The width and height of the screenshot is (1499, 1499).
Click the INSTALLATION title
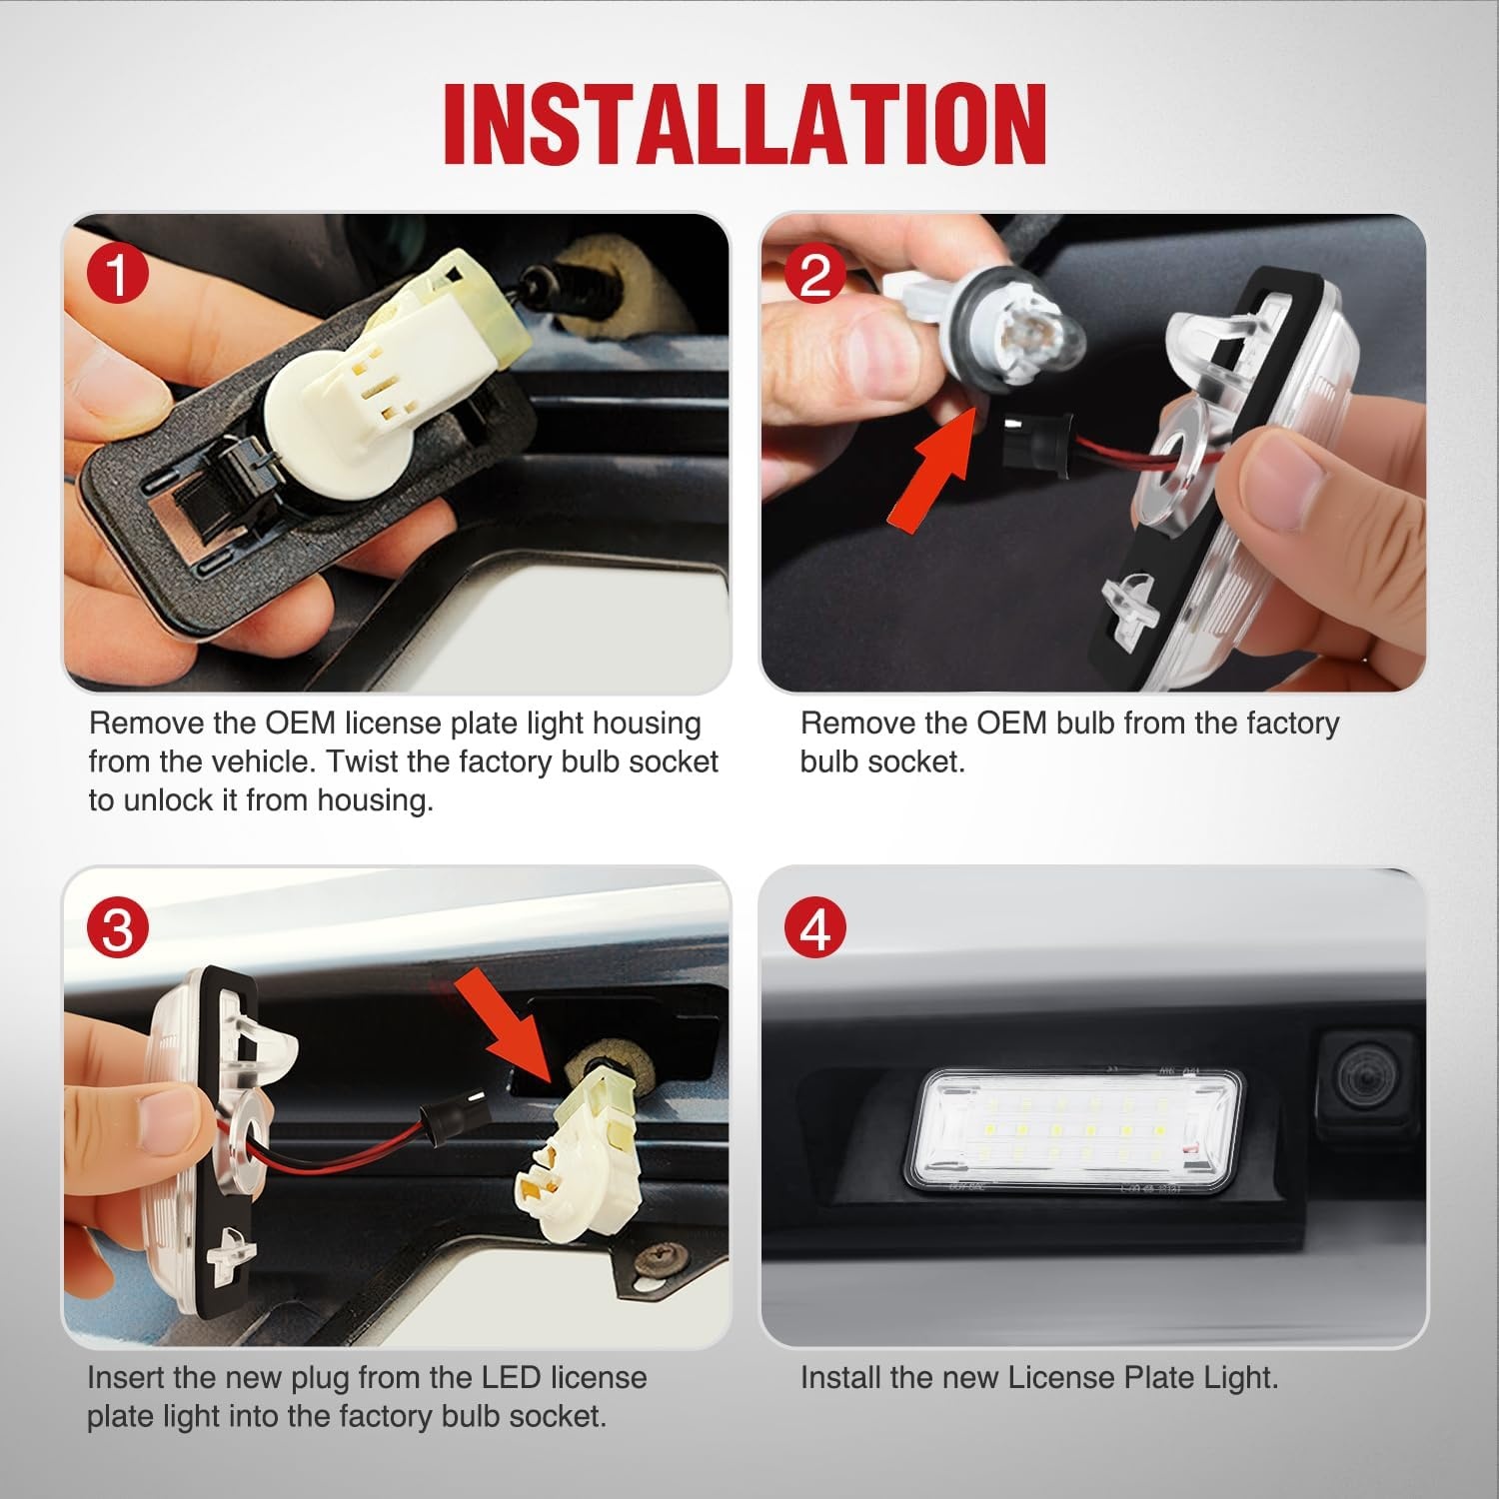(x=745, y=124)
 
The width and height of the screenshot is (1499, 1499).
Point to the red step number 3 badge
(x=118, y=928)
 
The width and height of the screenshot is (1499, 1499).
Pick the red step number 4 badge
(x=815, y=928)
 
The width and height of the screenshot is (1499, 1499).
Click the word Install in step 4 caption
(x=839, y=1378)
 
